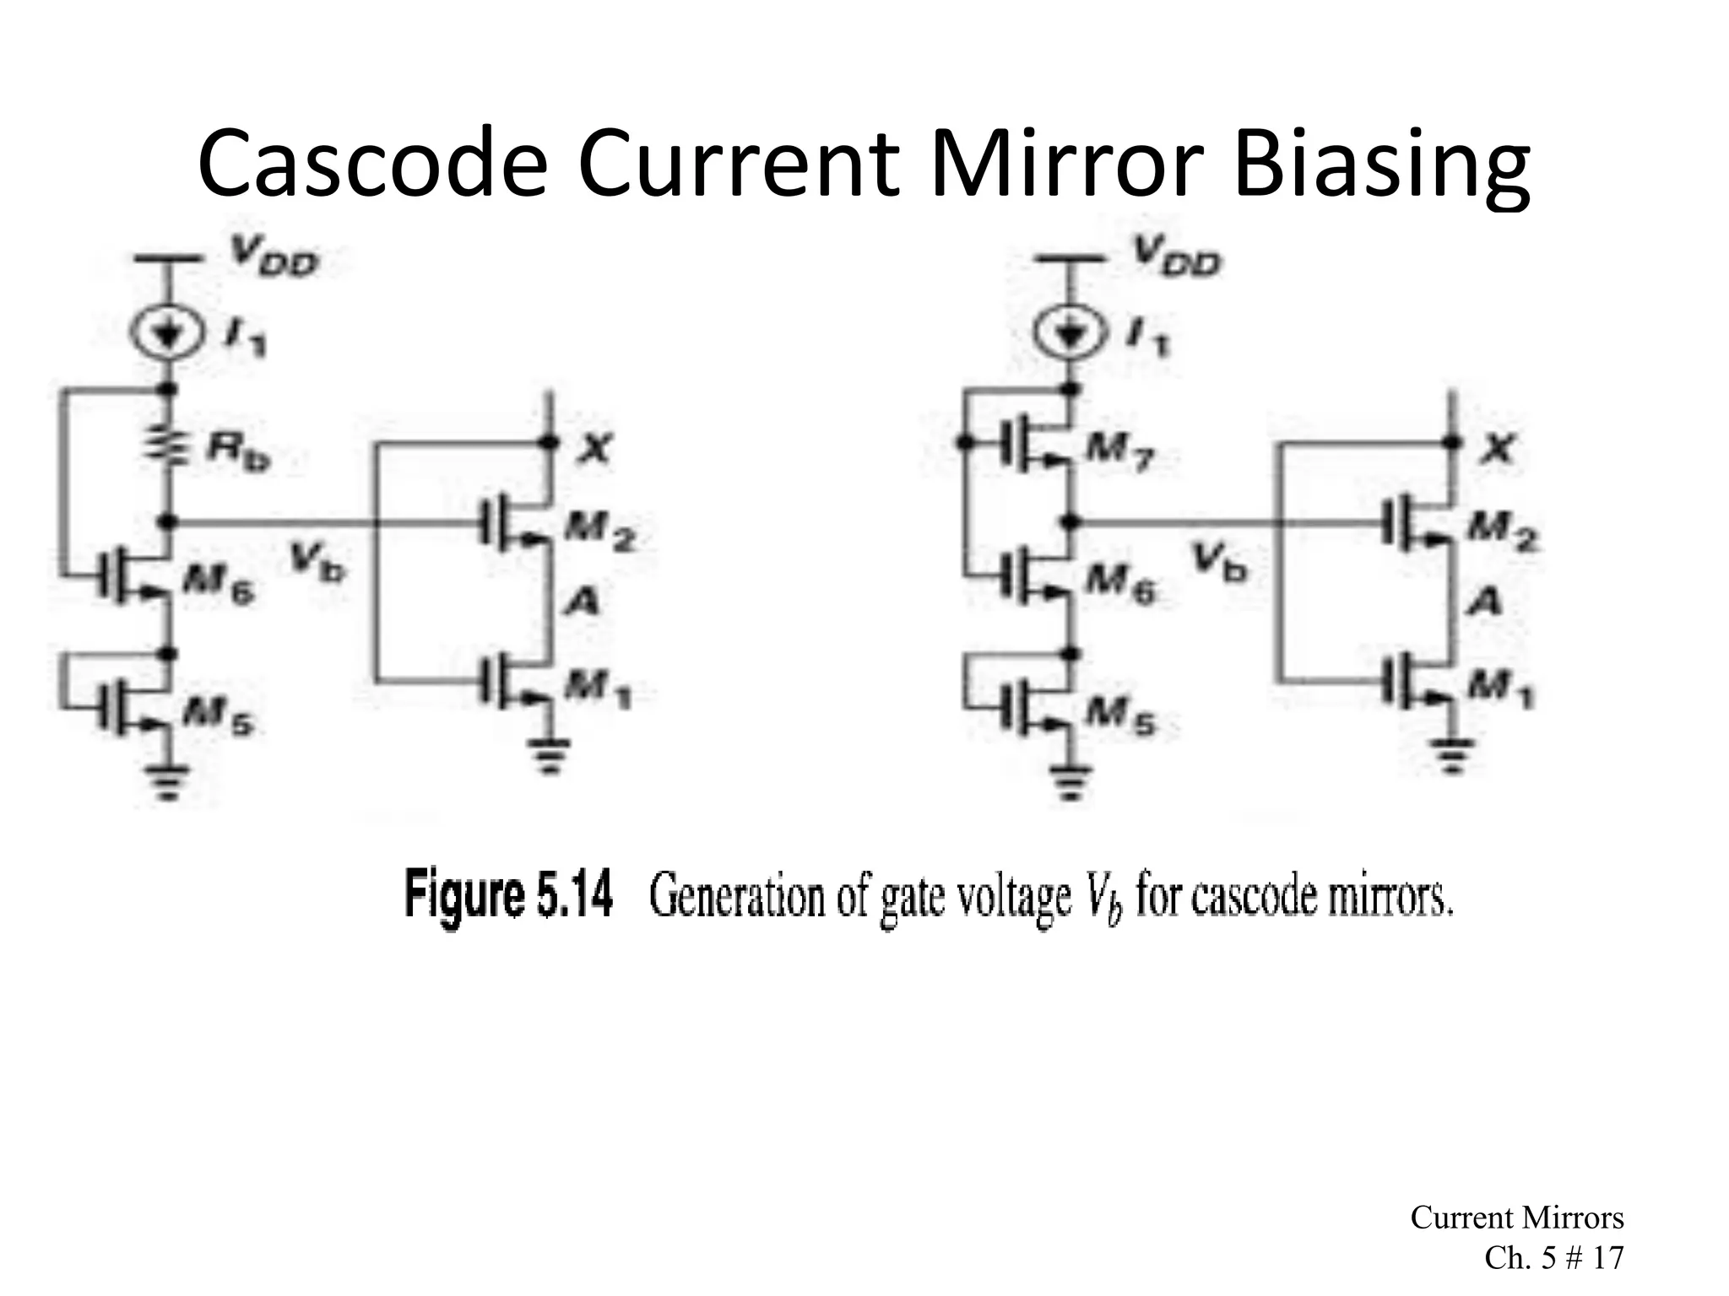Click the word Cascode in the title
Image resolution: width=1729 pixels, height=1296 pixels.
(372, 165)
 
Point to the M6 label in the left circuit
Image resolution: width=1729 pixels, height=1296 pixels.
(217, 583)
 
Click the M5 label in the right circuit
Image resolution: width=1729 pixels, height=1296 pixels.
(1120, 718)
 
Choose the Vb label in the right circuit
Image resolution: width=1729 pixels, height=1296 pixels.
(1218, 561)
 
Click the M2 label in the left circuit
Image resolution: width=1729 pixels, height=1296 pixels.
(599, 532)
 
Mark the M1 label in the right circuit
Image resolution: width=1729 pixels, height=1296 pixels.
(1502, 692)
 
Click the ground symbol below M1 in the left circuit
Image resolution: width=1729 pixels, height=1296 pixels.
(550, 754)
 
